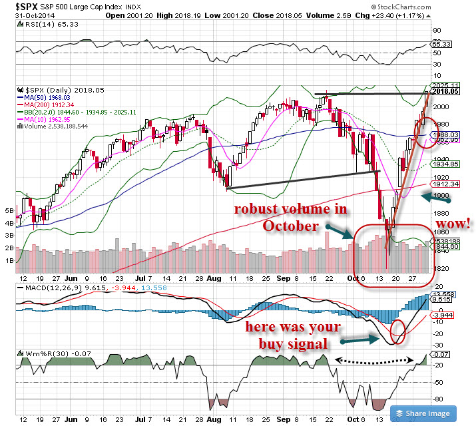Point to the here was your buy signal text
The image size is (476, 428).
tap(293, 335)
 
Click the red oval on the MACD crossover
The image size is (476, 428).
tap(398, 332)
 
